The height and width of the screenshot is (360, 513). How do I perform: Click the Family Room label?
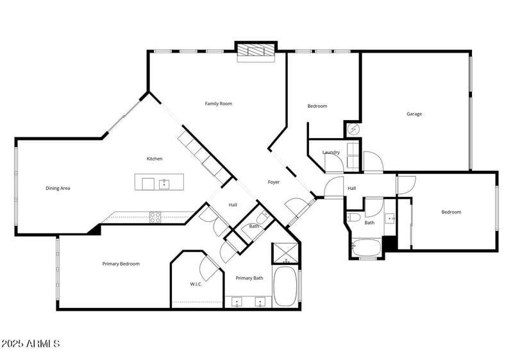218,103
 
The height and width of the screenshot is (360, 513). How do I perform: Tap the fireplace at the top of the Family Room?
256,52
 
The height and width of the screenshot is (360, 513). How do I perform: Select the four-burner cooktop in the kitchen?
155,217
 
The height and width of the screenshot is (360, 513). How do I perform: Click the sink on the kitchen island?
164,184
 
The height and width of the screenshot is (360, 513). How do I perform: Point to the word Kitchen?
155,159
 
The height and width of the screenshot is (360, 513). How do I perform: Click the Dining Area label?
58,188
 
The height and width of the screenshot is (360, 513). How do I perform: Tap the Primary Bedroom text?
121,264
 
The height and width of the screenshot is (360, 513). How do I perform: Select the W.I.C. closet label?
196,284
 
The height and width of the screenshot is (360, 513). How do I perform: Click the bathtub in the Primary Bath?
285,287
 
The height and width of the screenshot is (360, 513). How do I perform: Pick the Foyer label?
273,182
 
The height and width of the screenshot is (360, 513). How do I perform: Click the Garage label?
414,114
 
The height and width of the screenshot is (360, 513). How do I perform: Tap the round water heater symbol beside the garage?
352,129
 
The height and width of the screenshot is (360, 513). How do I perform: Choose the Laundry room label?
331,152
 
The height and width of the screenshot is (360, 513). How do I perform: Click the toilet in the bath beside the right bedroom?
353,218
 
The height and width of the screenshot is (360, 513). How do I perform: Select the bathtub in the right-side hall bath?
366,248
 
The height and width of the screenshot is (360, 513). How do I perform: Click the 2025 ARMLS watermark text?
31,344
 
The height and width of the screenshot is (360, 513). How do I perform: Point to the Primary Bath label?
249,278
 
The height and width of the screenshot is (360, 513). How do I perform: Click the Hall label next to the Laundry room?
351,188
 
